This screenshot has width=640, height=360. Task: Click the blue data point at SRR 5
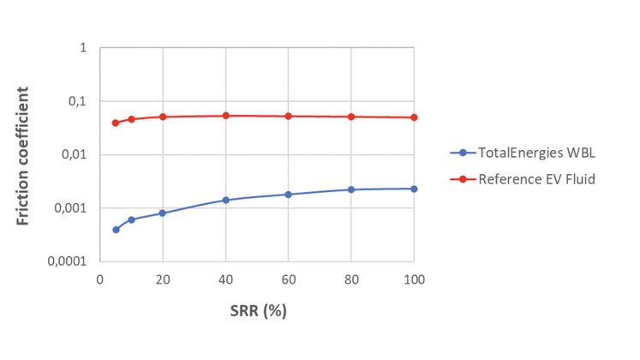(x=116, y=230)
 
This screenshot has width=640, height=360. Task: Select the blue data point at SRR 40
(x=225, y=200)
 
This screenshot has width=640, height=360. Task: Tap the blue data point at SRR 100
(x=414, y=189)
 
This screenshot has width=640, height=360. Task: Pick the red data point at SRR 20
(x=163, y=117)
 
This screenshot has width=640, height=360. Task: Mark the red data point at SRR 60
(x=288, y=116)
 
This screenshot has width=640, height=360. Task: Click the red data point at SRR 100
(x=414, y=117)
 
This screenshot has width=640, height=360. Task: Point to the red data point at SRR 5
(x=116, y=123)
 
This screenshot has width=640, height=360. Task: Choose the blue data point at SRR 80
(x=351, y=189)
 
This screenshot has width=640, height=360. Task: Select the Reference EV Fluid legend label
(x=523, y=179)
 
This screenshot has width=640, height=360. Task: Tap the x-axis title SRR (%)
(x=256, y=310)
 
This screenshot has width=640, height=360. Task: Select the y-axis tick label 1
(x=83, y=48)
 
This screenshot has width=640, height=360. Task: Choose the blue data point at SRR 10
(x=131, y=219)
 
